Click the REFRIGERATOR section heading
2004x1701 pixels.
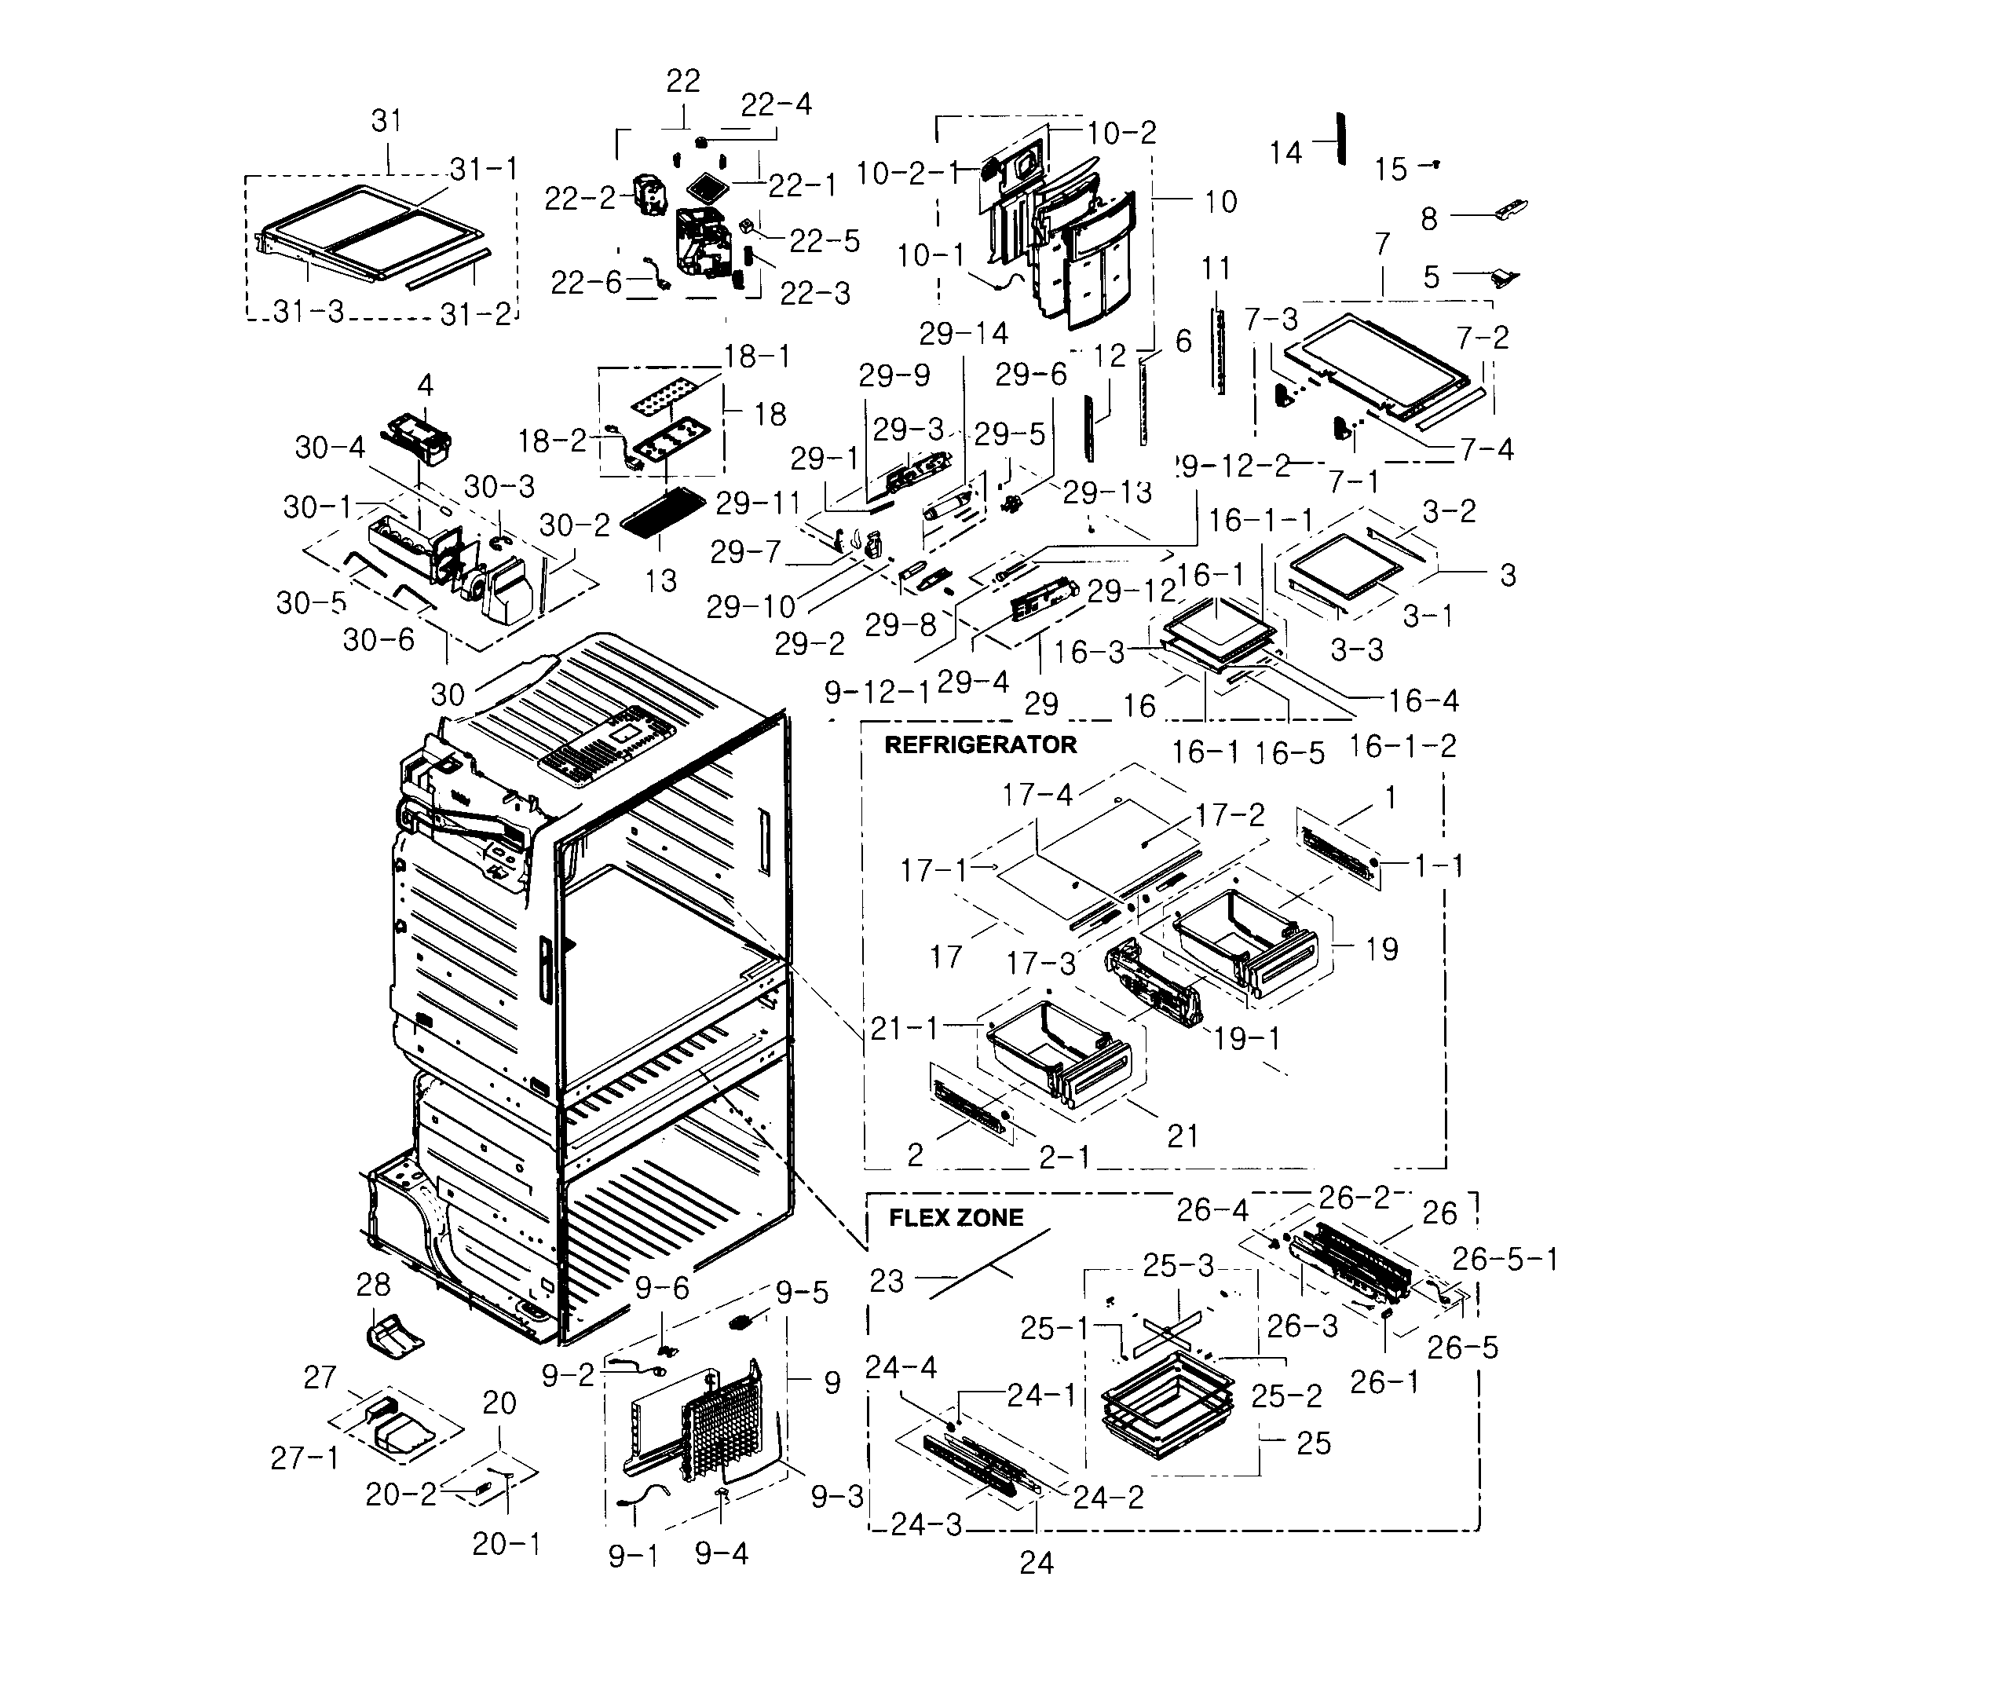[x=980, y=745]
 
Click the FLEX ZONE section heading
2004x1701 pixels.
[x=955, y=1218]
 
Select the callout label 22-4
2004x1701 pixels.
[x=777, y=104]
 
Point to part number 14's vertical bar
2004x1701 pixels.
[x=1340, y=139]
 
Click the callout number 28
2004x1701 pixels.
[x=373, y=1285]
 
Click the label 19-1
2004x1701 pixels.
[x=1247, y=1037]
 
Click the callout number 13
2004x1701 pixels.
[x=660, y=580]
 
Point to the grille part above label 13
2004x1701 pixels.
[x=665, y=511]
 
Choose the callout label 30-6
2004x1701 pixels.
[x=378, y=639]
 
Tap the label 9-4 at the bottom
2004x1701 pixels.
[x=722, y=1553]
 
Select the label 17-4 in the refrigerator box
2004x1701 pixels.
[x=1037, y=795]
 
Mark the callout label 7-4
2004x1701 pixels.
[x=1487, y=449]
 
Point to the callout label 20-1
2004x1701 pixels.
[x=506, y=1544]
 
